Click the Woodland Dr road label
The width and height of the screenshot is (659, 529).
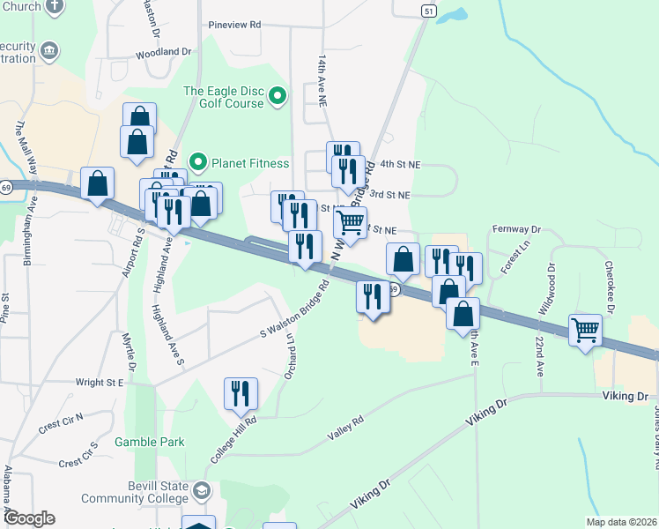[x=163, y=53]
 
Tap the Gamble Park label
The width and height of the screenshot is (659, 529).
[x=150, y=442]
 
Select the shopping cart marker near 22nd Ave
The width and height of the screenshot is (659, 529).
[x=585, y=331]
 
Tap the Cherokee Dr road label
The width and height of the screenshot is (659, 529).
[x=608, y=286]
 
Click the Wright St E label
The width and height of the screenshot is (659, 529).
[x=100, y=383]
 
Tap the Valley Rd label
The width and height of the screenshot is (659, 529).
[x=345, y=426]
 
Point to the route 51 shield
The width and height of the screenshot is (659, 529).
[x=428, y=10]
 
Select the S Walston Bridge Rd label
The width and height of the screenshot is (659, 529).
[x=294, y=309]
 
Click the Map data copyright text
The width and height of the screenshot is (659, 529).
[x=618, y=522]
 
